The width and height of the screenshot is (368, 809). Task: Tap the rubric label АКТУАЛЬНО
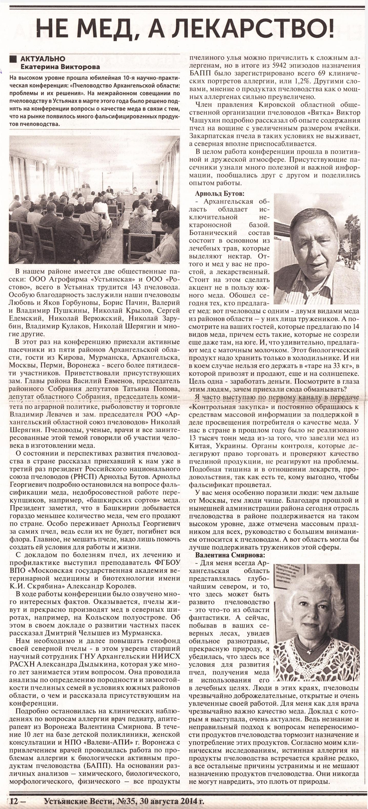[43, 59]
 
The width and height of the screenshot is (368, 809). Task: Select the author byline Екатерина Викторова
[60, 67]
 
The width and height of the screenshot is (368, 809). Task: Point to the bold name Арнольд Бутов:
[219, 194]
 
